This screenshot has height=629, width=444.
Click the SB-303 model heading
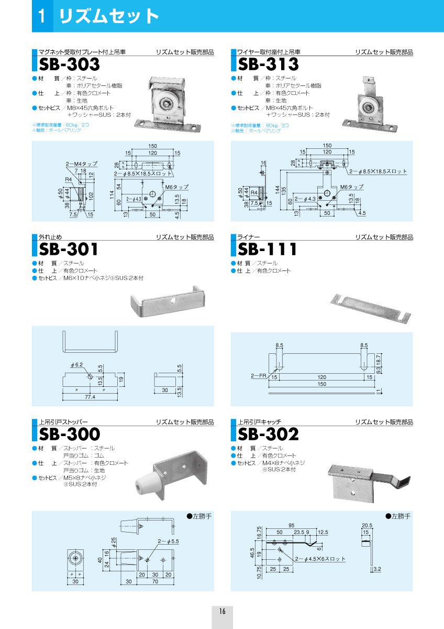69,64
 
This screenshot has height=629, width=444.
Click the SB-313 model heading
268,64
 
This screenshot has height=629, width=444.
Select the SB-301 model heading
69,249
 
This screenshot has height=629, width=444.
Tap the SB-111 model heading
268,249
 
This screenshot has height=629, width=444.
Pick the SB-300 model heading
69,434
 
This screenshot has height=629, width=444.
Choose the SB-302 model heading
268,434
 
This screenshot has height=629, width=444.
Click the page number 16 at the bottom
223,611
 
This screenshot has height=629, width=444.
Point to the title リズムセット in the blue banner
109,16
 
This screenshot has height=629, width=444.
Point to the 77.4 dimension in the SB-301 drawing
90,397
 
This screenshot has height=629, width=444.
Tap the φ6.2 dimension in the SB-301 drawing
77,365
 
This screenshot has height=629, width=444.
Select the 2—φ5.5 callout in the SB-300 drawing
168,541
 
